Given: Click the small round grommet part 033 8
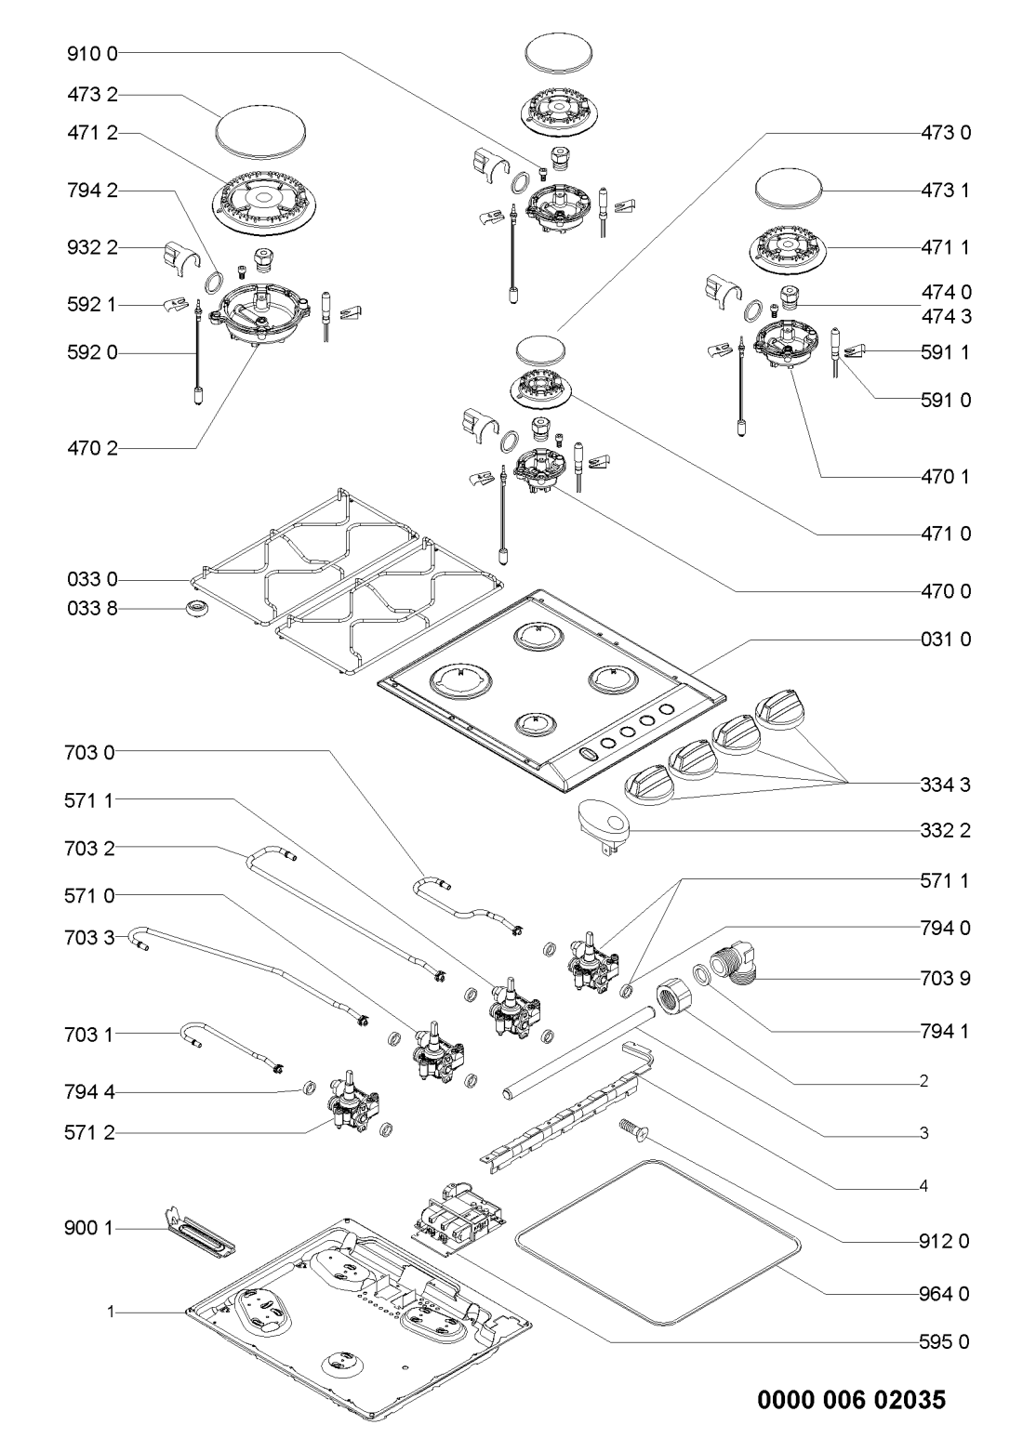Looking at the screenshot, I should click(196, 610).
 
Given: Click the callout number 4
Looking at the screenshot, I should click(923, 1185).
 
